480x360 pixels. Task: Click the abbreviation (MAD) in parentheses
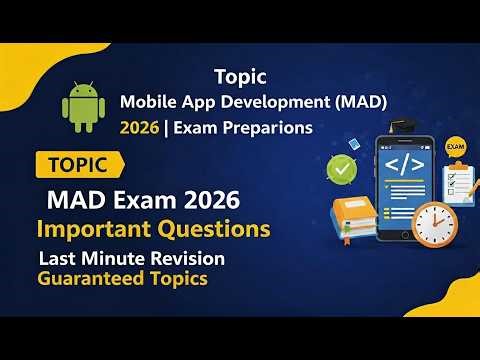358,101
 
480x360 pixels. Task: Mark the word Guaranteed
86,278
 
